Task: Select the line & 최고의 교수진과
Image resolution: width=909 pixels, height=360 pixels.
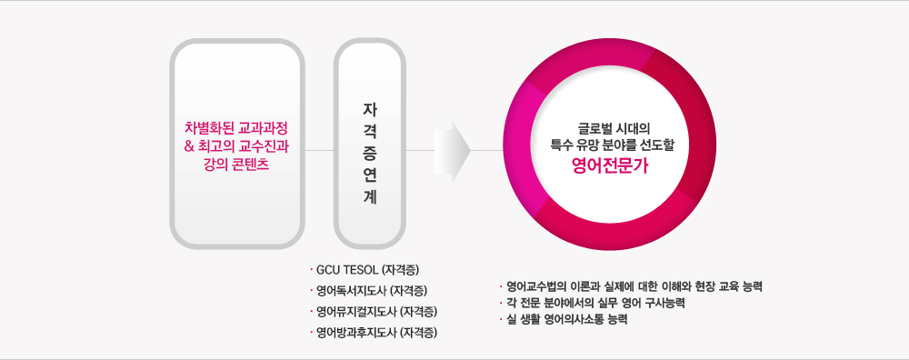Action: (x=235, y=145)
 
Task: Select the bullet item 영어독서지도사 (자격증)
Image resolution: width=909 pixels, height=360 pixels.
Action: (x=372, y=291)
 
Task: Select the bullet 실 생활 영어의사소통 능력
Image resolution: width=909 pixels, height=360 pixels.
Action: (x=568, y=320)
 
